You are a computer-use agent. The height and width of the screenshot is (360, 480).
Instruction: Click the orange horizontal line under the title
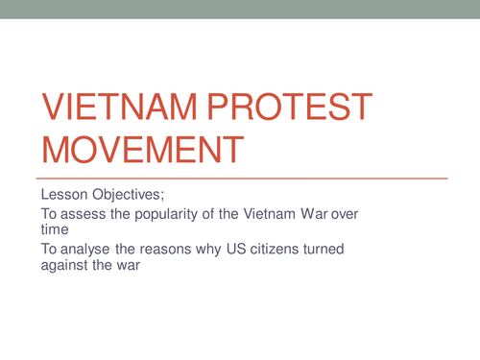[x=240, y=179]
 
